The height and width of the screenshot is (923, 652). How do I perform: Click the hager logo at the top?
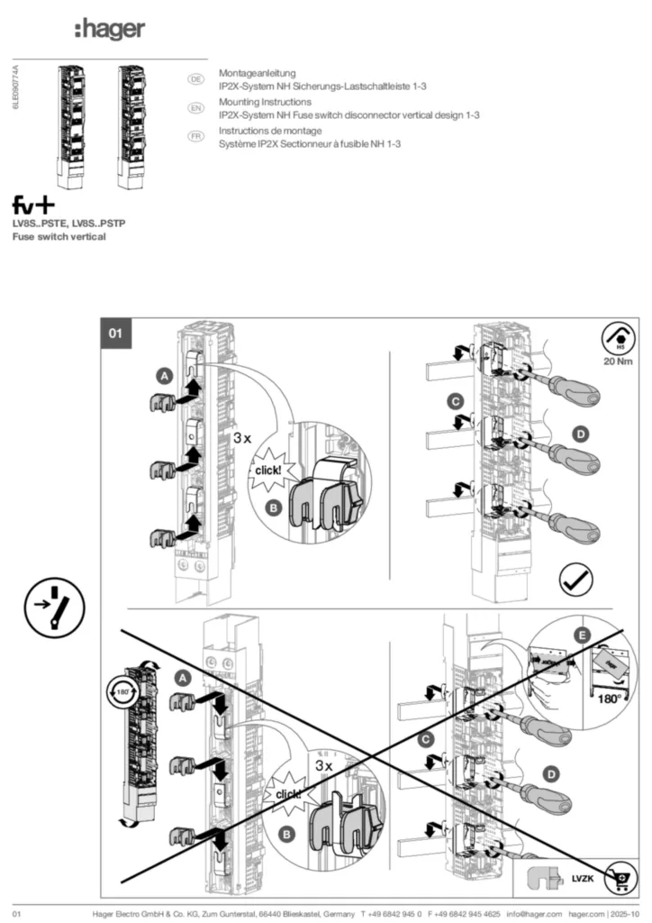(109, 31)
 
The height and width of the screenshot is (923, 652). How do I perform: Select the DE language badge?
(194, 79)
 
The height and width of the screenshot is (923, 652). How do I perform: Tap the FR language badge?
(194, 136)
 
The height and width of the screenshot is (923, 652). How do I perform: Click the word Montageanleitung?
(258, 72)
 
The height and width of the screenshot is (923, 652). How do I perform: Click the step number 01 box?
(115, 333)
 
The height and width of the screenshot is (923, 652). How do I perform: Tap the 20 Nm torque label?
(619, 362)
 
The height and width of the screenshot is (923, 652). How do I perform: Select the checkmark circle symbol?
(575, 577)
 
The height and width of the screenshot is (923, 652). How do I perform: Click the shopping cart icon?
(621, 875)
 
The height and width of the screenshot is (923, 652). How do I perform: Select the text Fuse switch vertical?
(59, 236)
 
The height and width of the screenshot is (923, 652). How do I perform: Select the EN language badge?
(194, 108)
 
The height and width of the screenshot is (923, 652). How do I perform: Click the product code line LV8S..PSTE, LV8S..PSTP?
(68, 223)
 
